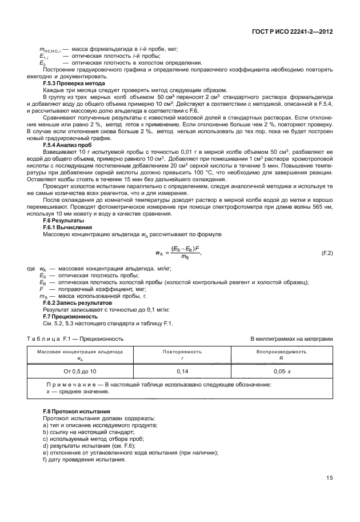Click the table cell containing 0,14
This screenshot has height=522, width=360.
click(x=182, y=371)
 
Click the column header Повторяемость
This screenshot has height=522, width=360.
click(x=182, y=352)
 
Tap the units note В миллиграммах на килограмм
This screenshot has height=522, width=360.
click(x=291, y=338)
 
